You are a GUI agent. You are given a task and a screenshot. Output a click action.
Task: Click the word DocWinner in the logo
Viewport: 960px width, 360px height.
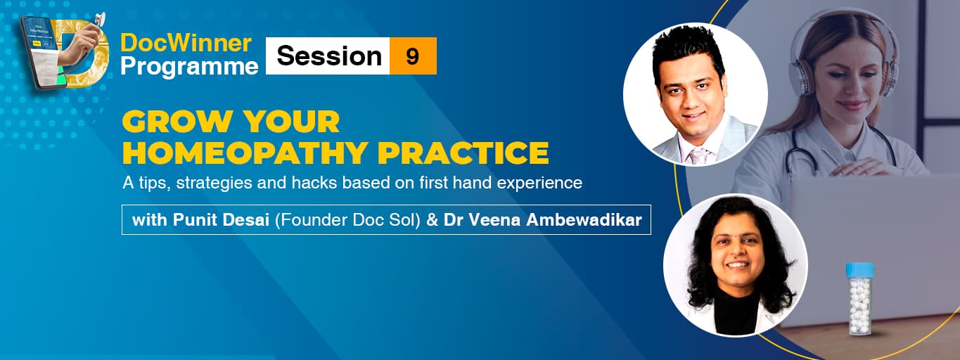[186, 43]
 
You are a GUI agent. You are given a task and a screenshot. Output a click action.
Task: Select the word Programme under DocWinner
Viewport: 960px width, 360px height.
[189, 66]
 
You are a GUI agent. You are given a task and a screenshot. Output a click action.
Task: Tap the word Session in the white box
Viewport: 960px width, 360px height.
[329, 56]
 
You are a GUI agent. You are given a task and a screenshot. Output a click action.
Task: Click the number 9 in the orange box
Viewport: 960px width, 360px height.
[412, 56]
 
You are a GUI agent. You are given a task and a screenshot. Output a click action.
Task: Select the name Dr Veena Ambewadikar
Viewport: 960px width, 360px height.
[542, 219]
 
